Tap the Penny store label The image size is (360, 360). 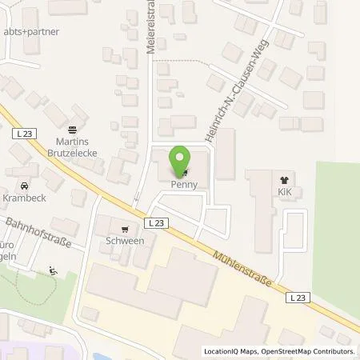[x=182, y=184]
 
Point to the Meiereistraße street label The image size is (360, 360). [x=149, y=32]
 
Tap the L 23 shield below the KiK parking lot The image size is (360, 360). [x=298, y=297]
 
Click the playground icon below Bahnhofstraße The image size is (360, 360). [x=54, y=270]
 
